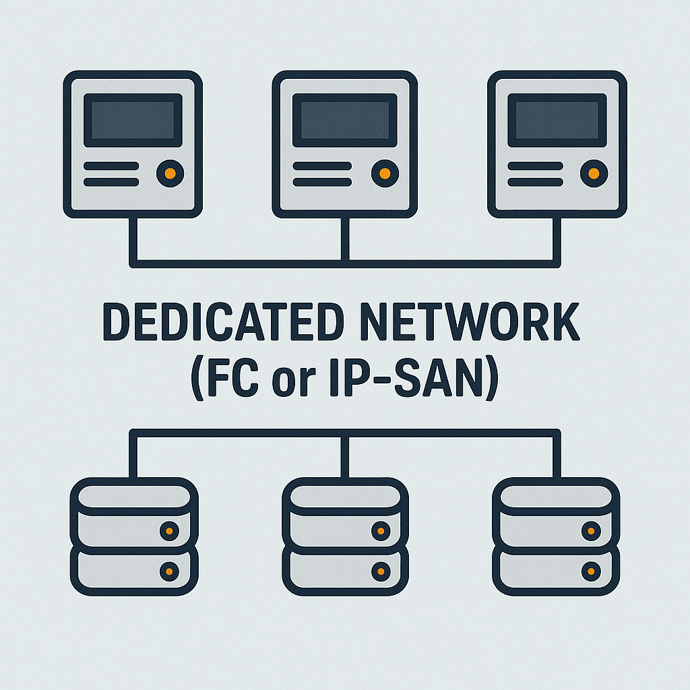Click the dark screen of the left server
(133, 120)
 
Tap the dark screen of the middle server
(344, 120)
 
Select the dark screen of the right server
(557, 120)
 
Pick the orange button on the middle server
(384, 174)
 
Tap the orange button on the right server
(594, 174)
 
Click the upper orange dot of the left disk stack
(168, 531)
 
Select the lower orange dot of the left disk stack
(168, 571)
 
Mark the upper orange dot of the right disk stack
(591, 531)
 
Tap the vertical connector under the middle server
(345, 239)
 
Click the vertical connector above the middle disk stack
(345, 455)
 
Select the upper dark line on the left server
(111, 166)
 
